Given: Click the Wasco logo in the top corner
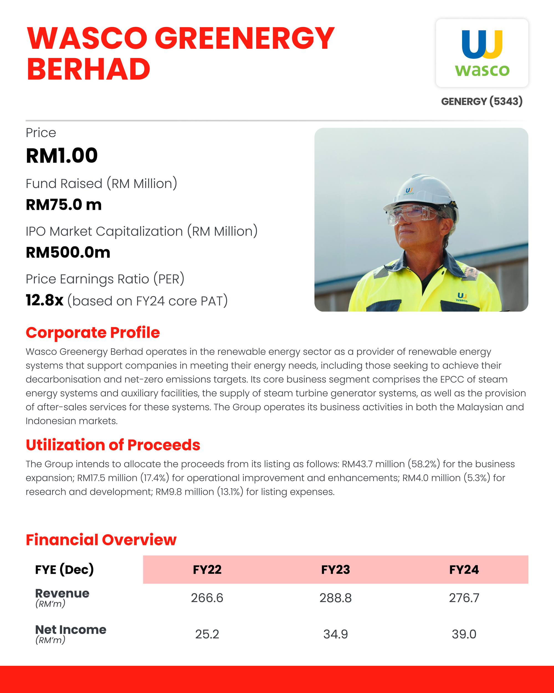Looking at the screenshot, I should (x=482, y=53).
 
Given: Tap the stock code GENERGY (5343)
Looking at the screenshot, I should (x=482, y=101).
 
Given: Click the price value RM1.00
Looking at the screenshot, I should (x=62, y=156).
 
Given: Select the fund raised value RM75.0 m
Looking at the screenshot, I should (x=64, y=205).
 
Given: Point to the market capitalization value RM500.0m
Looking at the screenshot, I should (x=68, y=252).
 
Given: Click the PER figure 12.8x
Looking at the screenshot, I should (x=45, y=300).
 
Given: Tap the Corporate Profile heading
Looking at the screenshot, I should (x=93, y=333).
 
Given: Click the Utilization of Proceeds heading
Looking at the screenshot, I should (x=113, y=445).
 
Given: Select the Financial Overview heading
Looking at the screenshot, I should (x=101, y=540).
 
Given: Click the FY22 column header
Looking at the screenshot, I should (x=207, y=570).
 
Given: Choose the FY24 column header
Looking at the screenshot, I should (x=464, y=570).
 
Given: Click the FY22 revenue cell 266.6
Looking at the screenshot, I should (x=207, y=598).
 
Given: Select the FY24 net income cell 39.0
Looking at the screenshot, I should (x=464, y=634).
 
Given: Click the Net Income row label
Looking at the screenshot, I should (x=71, y=630).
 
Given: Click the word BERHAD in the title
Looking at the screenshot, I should (x=88, y=69).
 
